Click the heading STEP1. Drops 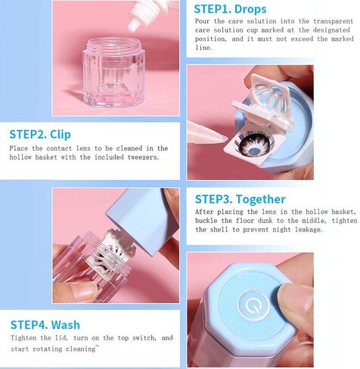coord(230,9)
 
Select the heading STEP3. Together coord(241,199)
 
